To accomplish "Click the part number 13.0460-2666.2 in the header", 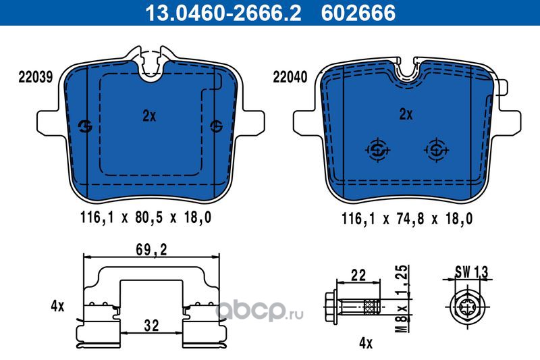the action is (223, 13).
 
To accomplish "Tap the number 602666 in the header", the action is (358, 13).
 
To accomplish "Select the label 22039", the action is (36, 77).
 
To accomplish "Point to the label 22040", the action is (290, 77).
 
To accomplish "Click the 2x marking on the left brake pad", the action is (149, 115).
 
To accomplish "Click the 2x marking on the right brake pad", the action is (406, 114).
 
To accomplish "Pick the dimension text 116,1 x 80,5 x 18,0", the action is (146, 217).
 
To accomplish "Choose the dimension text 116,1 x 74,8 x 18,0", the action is (407, 218).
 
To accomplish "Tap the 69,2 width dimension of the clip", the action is (151, 250).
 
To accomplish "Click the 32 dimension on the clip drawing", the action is (151, 325).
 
